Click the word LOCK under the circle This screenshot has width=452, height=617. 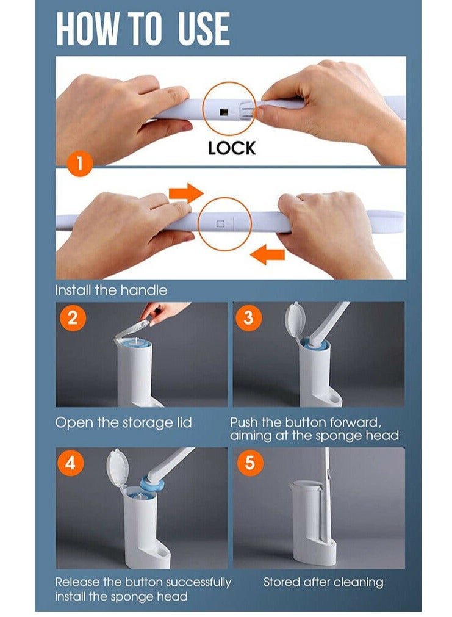pos(232,148)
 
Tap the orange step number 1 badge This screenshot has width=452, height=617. pos(80,164)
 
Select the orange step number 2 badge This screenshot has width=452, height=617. pos(73,317)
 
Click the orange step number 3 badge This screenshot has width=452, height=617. pos(248,317)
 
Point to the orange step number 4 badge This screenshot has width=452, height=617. pos(70,463)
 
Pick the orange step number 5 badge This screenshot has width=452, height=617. pos(250,463)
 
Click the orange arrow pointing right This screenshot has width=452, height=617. pos(186,193)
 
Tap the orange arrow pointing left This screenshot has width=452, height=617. pos(268,254)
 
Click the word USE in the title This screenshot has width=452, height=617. pos(204,29)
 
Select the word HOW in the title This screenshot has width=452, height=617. pos(87,29)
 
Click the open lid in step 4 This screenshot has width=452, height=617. pos(117,467)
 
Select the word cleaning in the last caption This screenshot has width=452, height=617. pos(359,582)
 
